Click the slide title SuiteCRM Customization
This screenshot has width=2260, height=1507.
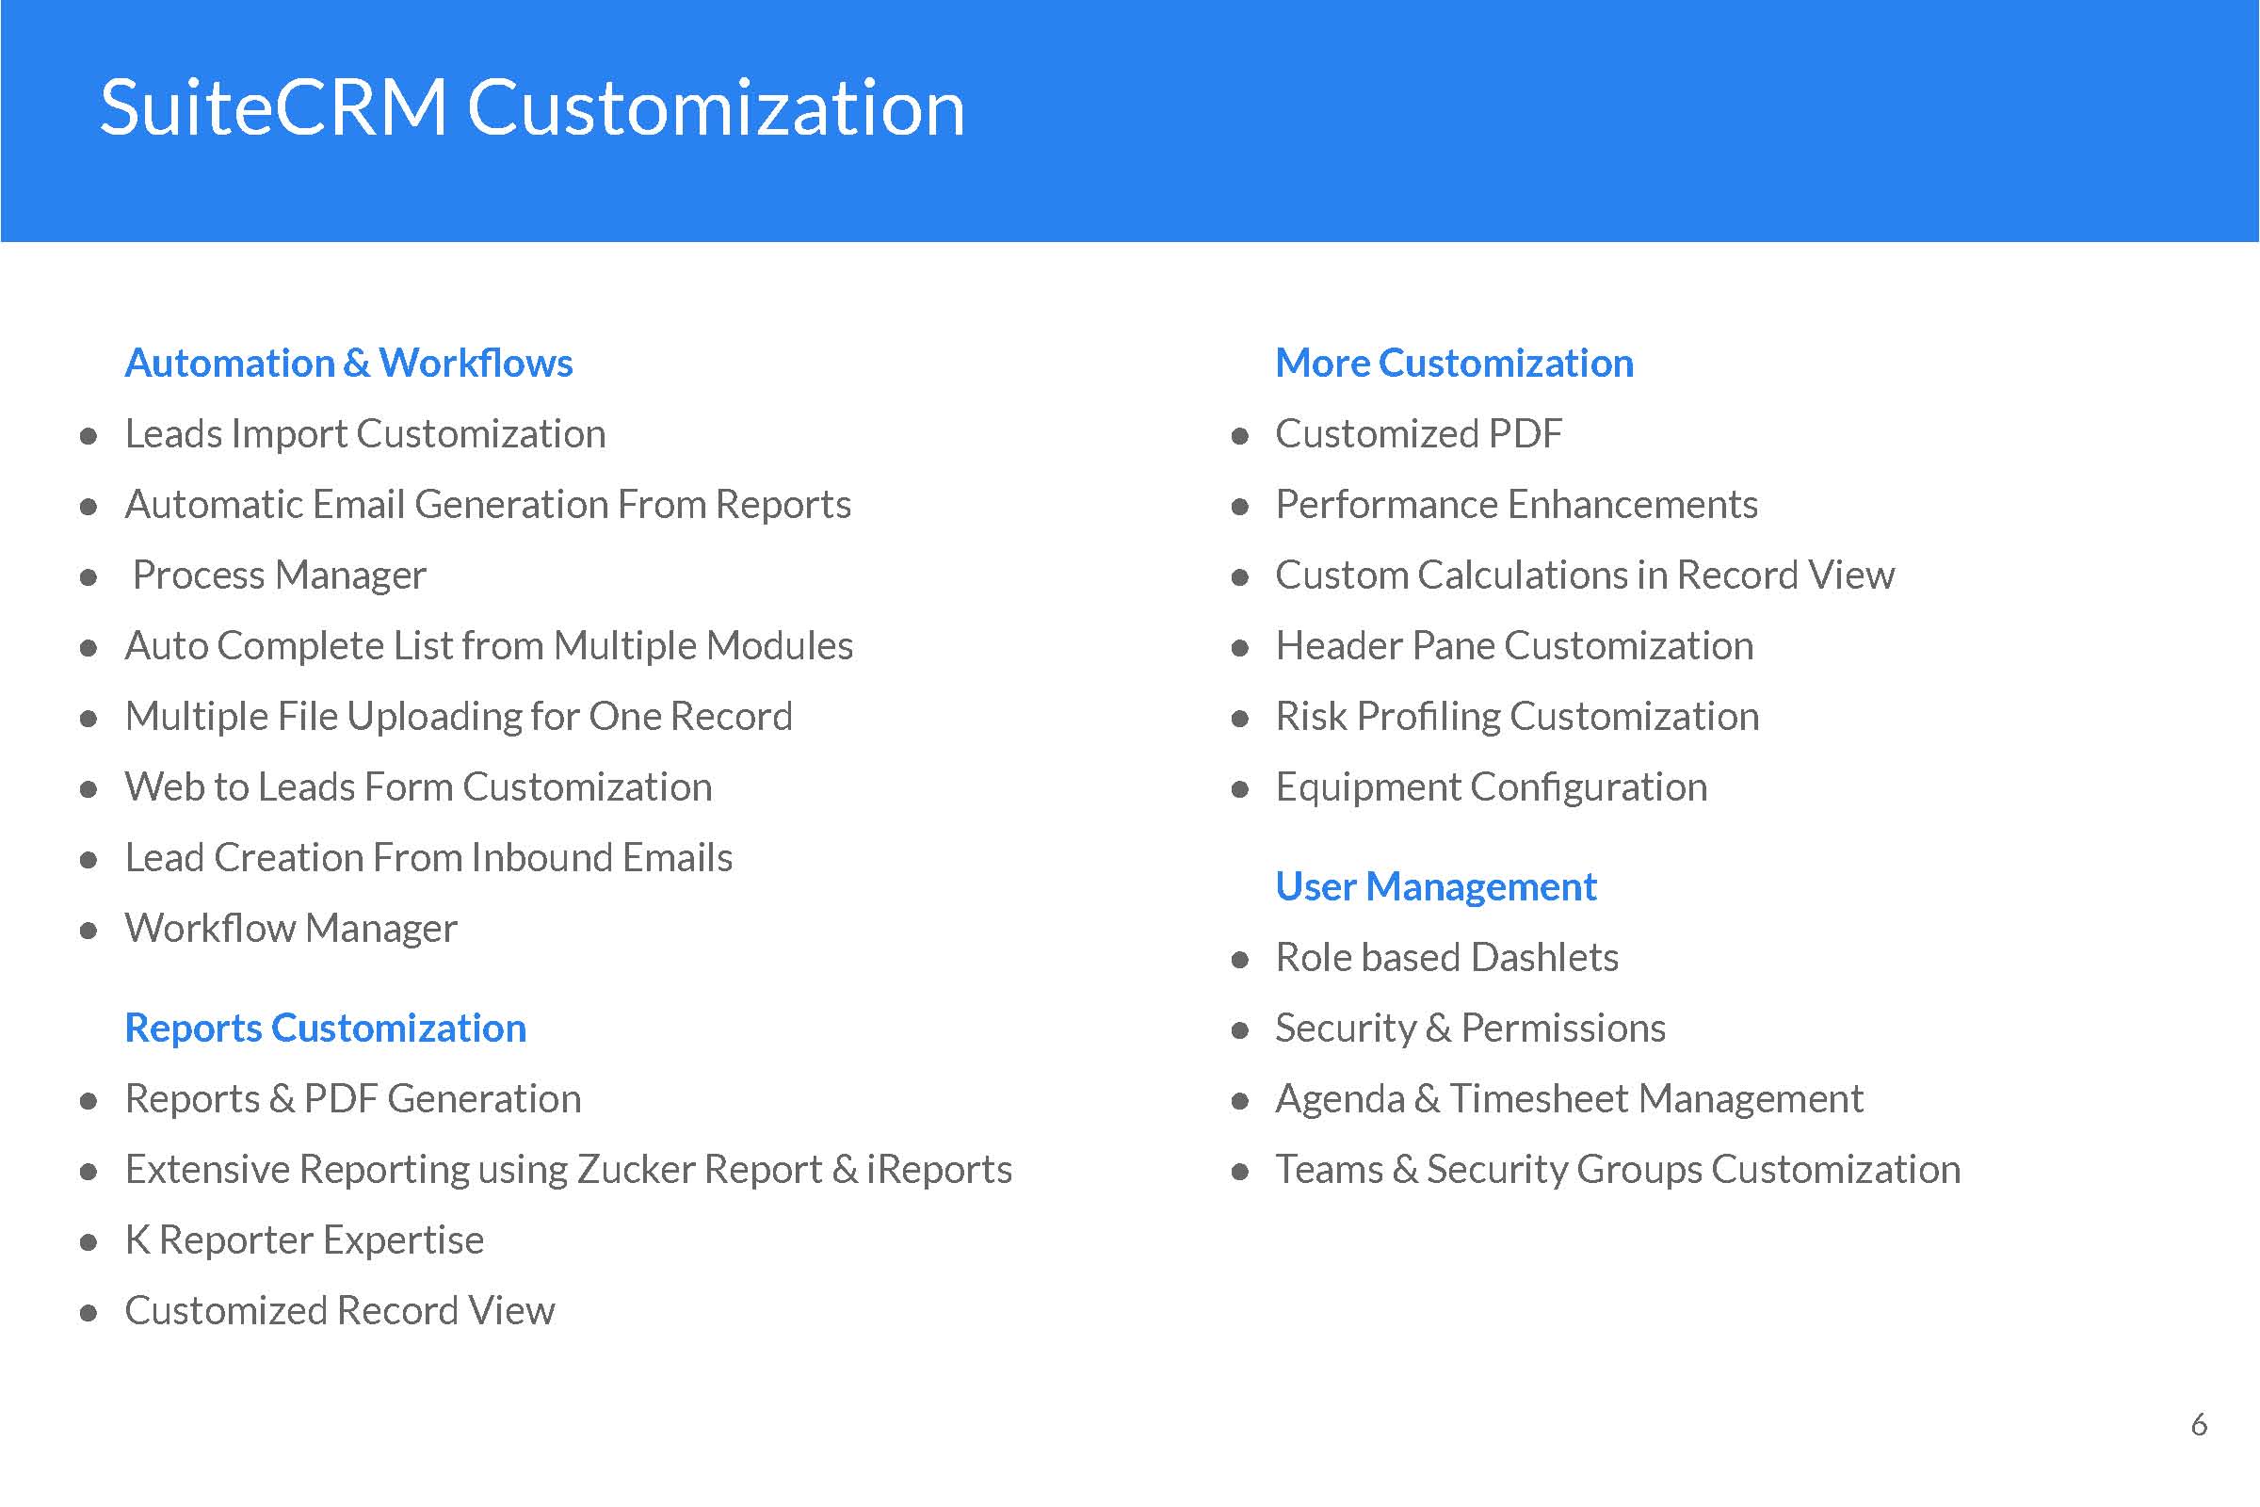tap(532, 107)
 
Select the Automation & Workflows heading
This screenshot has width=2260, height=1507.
tap(348, 364)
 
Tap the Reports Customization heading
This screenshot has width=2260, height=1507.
tap(326, 1029)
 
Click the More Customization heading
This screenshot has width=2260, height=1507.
tap(1454, 364)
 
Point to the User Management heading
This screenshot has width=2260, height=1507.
tap(1435, 887)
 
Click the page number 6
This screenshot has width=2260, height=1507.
tap(2199, 1424)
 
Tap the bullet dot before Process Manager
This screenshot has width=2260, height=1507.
tap(89, 577)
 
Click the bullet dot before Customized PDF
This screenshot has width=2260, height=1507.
tap(1239, 436)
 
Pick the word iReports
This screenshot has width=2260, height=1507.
tap(939, 1170)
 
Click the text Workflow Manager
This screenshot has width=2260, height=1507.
tap(291, 929)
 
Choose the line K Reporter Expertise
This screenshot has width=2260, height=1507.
tap(304, 1240)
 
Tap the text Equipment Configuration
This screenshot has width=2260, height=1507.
tap(1492, 788)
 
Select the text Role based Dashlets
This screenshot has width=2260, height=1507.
tap(1447, 957)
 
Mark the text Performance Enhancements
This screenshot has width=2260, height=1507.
tap(1516, 505)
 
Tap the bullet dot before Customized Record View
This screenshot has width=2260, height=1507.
tap(89, 1313)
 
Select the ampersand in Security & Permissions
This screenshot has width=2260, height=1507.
tap(1439, 1029)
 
